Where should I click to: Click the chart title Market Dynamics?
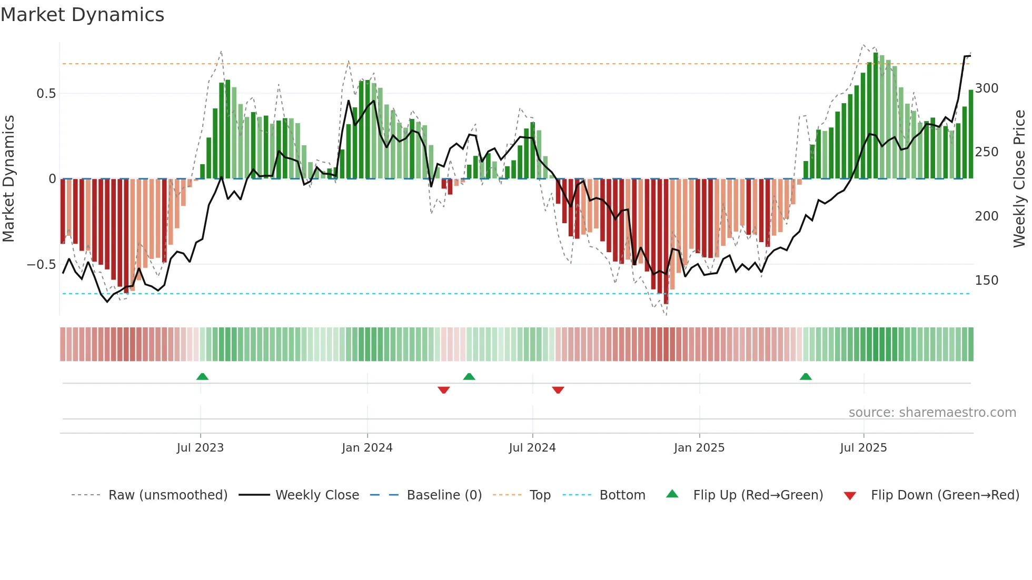click(x=82, y=15)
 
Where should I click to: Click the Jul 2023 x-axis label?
click(x=200, y=448)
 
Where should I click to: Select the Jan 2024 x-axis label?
click(x=367, y=448)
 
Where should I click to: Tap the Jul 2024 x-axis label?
click(x=532, y=448)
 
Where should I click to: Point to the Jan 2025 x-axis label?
click(x=699, y=448)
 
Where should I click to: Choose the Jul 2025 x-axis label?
click(x=864, y=448)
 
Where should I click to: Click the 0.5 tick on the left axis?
click(x=46, y=94)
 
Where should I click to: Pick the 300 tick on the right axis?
click(x=987, y=88)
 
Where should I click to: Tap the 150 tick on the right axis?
click(x=987, y=281)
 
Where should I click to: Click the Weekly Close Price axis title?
click(x=1019, y=179)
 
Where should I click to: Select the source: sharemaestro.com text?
click(x=932, y=413)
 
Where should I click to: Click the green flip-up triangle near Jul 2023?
click(x=202, y=376)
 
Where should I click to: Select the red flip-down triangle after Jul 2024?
click(x=558, y=390)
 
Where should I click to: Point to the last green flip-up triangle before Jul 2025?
click(x=806, y=376)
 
